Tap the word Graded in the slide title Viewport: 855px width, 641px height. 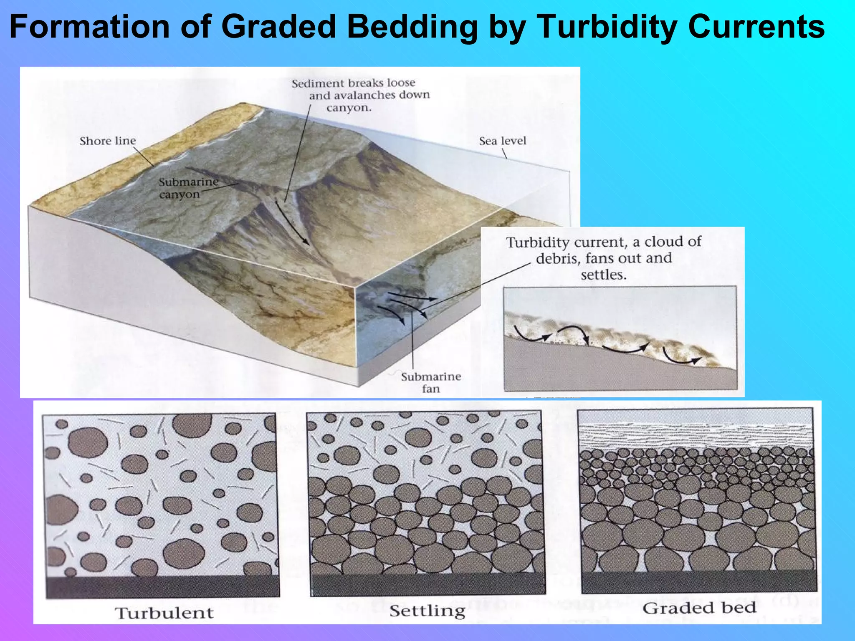click(278, 27)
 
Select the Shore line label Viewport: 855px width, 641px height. click(108, 141)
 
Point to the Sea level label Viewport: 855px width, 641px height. click(502, 141)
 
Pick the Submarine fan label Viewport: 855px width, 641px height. click(431, 382)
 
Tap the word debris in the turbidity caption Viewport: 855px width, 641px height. click(558, 259)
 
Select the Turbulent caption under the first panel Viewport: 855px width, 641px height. click(164, 613)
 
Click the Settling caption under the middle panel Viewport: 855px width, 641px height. click(427, 611)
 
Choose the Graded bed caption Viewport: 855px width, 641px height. click(699, 608)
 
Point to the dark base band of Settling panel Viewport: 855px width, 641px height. click(427, 583)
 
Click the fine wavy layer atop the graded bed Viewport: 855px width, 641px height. click(696, 436)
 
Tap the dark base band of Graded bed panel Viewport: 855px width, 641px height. click(699, 581)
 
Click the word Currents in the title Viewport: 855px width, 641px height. click(756, 27)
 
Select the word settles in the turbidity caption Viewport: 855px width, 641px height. click(604, 275)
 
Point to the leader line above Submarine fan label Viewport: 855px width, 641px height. click(412, 342)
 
